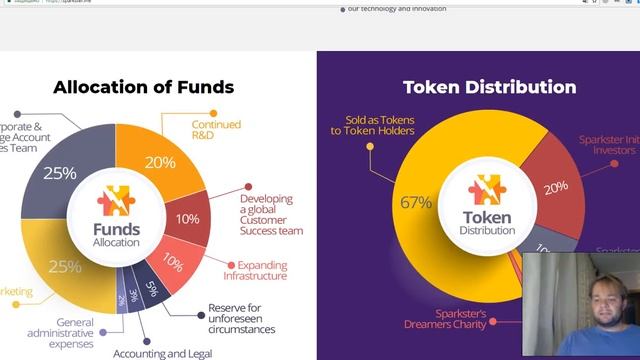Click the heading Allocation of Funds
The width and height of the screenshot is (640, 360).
pyautogui.click(x=143, y=87)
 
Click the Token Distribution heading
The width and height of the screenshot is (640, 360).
pyautogui.click(x=489, y=87)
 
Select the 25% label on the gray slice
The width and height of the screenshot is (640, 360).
pyautogui.click(x=60, y=173)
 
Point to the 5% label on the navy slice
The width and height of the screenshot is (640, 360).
pyautogui.click(x=151, y=290)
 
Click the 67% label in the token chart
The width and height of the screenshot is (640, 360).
pyautogui.click(x=416, y=203)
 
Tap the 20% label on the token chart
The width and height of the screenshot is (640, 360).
pyautogui.click(x=555, y=185)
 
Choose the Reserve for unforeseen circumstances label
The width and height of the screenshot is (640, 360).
pyautogui.click(x=241, y=318)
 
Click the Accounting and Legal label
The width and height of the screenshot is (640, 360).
pyautogui.click(x=161, y=353)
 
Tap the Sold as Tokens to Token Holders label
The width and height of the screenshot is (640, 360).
pyautogui.click(x=372, y=126)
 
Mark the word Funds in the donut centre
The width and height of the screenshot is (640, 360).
pyautogui.click(x=116, y=228)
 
